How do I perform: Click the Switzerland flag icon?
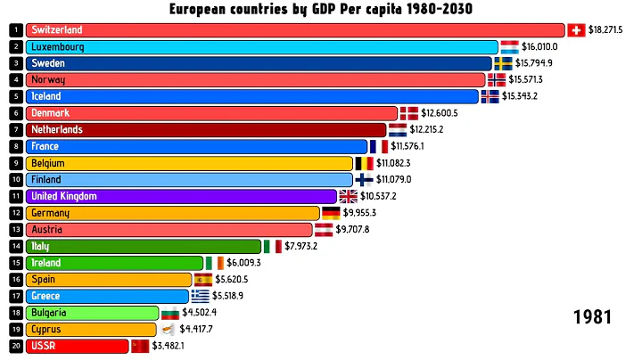coord(576,30)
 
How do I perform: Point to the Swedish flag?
coord(503,63)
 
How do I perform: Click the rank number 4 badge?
coord(15,80)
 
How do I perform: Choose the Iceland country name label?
coord(45,96)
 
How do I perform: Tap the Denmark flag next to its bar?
coord(408,113)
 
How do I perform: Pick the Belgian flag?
coord(365,163)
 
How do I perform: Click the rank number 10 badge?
coord(15,180)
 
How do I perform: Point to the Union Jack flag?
coord(348,196)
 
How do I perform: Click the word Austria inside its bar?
coord(47,229)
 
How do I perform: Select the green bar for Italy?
coord(143,246)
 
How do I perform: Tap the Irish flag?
coord(215,263)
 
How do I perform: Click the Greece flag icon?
coord(200,296)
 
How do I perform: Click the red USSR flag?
coord(140,346)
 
